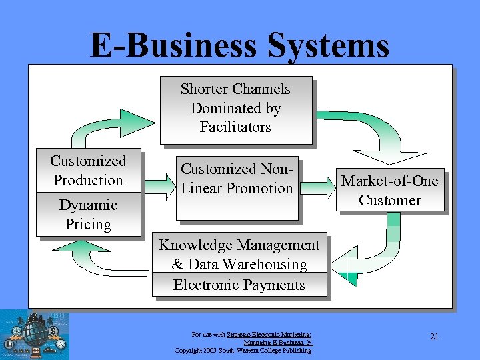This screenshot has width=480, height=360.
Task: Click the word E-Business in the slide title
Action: coord(173,45)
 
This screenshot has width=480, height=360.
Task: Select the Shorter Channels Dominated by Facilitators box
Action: coord(235,109)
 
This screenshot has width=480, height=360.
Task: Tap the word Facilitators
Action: coord(235,127)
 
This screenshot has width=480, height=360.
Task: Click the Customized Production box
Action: coord(88,171)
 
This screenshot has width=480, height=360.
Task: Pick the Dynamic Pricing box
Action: coord(88,215)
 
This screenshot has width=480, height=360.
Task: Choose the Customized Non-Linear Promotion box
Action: coord(237,188)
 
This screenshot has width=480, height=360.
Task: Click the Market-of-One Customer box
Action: coord(390,191)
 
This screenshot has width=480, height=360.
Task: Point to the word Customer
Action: coord(390,201)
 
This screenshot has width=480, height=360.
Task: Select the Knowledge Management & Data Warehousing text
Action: coord(239,255)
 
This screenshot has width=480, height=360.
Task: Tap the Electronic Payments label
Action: coord(239,285)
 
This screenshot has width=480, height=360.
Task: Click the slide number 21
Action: coord(434,336)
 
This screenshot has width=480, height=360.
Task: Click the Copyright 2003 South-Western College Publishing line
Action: coord(243,350)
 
